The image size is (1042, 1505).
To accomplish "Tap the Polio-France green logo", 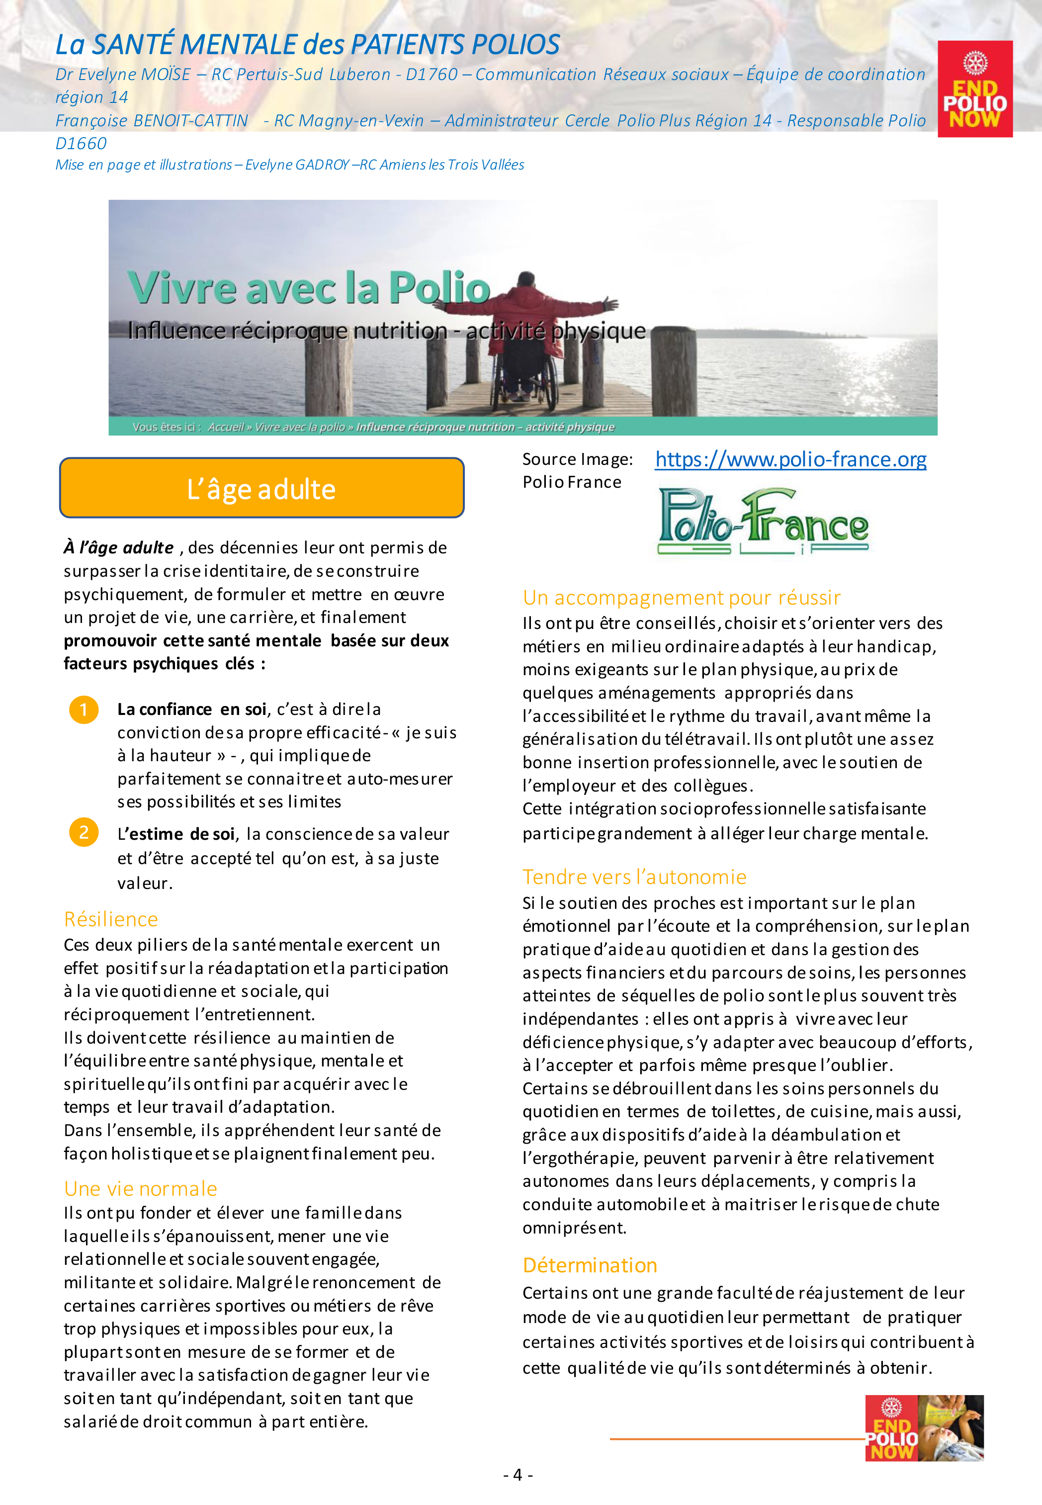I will [x=763, y=522].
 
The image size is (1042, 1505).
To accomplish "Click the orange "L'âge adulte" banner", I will [x=261, y=488].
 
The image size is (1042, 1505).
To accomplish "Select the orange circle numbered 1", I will [x=84, y=709].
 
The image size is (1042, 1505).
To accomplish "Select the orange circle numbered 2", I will [x=84, y=832].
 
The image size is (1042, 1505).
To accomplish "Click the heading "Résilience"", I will [x=111, y=919].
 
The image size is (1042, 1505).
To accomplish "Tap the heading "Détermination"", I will [x=590, y=1265].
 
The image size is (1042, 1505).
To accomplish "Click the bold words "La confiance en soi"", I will [x=192, y=709].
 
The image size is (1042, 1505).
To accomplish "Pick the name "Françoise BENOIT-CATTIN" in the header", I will [x=152, y=121].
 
